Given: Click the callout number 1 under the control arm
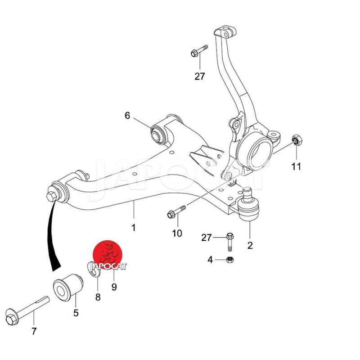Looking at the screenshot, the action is pyautogui.click(x=134, y=228).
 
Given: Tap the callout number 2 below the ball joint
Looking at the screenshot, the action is pyautogui.click(x=250, y=245).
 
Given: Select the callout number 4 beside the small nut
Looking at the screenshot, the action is pyautogui.click(x=210, y=260).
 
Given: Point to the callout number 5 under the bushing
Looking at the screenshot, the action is pyautogui.click(x=76, y=313).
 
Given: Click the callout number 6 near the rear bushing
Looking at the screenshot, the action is pyautogui.click(x=127, y=116).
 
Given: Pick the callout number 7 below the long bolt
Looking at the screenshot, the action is pyautogui.click(x=34, y=331).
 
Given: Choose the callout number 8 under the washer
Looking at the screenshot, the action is pyautogui.click(x=98, y=297).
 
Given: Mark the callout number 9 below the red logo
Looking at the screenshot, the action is pyautogui.click(x=114, y=287).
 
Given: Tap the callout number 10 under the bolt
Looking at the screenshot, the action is pyautogui.click(x=177, y=233).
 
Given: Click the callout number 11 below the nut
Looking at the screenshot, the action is pyautogui.click(x=296, y=166).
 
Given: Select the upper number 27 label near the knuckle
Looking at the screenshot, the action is pyautogui.click(x=200, y=76).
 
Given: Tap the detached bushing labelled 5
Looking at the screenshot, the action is pyautogui.click(x=68, y=287).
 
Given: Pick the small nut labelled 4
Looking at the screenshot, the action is pyautogui.click(x=229, y=260).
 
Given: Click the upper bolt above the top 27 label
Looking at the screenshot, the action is pyautogui.click(x=199, y=51).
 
